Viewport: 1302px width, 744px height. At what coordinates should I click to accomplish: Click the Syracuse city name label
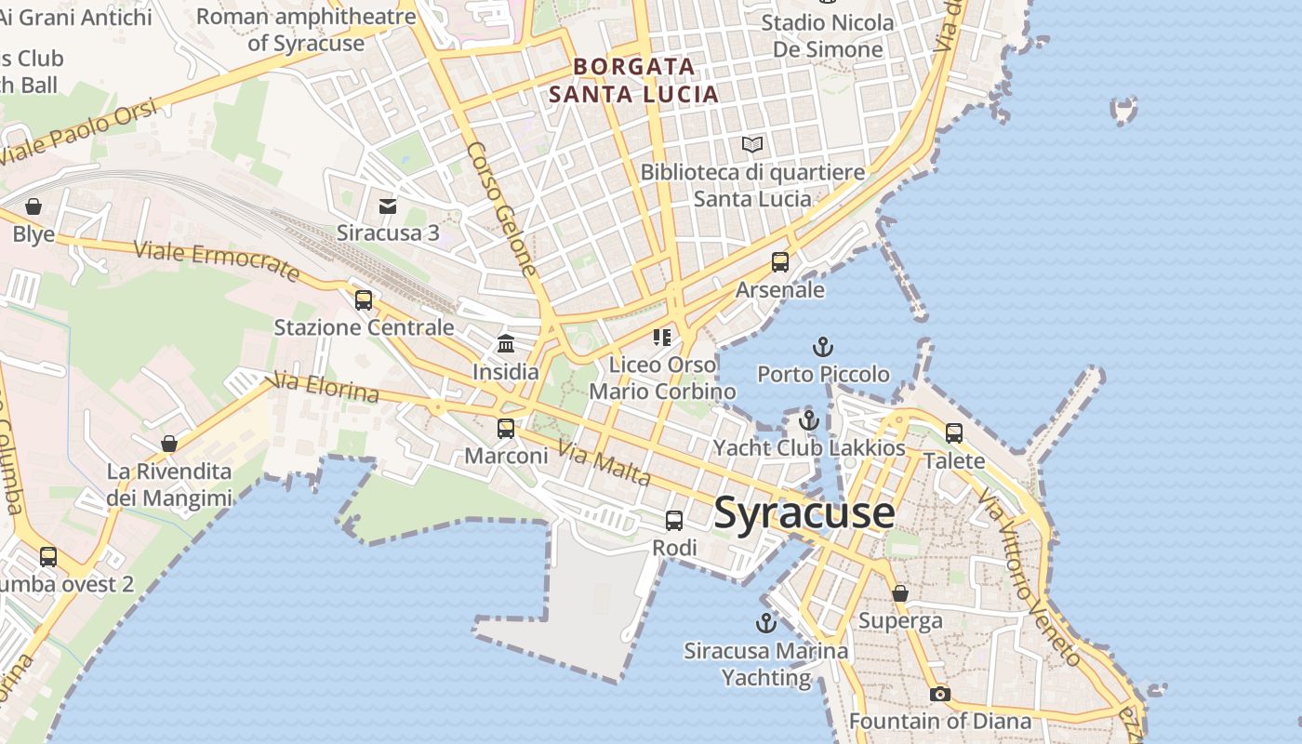click(x=804, y=513)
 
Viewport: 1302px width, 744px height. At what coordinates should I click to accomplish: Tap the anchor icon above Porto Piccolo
click(x=822, y=348)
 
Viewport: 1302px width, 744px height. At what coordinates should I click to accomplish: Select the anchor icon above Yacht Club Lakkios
click(x=808, y=420)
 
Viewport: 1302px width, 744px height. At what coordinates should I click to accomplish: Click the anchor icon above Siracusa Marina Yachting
click(x=765, y=623)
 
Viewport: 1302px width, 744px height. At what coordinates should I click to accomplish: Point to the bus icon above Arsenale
click(x=780, y=262)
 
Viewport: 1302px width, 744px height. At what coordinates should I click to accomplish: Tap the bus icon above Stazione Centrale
click(x=364, y=299)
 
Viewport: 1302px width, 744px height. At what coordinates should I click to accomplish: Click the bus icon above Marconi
click(x=506, y=428)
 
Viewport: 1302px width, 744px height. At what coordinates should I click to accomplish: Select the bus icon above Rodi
click(x=674, y=521)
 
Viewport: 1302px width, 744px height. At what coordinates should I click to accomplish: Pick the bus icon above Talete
click(x=954, y=432)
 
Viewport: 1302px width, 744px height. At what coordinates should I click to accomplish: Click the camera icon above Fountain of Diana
click(x=940, y=694)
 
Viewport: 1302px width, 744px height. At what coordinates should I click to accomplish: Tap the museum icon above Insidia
click(x=506, y=344)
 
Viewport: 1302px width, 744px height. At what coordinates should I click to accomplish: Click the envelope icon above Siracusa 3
click(x=388, y=206)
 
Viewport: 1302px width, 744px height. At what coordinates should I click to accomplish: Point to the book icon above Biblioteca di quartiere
click(x=752, y=145)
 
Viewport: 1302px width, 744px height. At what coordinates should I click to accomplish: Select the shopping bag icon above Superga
click(x=900, y=593)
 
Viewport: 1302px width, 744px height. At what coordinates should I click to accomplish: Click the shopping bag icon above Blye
click(x=33, y=206)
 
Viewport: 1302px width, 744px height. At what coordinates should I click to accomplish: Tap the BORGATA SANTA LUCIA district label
click(x=634, y=80)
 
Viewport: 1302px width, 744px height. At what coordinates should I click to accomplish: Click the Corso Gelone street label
click(x=502, y=209)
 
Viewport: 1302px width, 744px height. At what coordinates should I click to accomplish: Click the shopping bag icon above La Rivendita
click(x=168, y=444)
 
